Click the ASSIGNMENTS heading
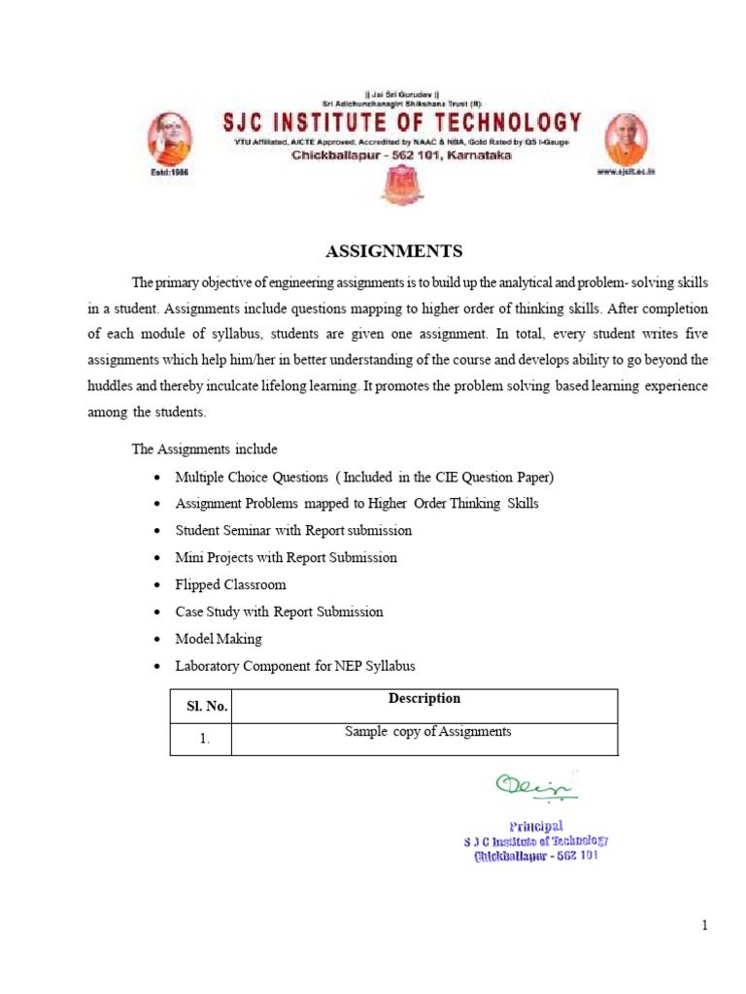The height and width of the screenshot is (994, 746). [393, 251]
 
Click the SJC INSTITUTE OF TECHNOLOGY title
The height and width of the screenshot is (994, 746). [398, 123]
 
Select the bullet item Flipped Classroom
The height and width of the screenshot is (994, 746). [230, 585]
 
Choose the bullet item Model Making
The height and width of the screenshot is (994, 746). [219, 640]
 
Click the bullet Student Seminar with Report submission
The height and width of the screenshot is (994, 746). [293, 531]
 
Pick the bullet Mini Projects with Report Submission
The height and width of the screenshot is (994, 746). [286, 558]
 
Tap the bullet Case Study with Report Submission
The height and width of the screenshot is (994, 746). [279, 613]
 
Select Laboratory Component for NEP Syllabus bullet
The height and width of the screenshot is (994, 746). [294, 667]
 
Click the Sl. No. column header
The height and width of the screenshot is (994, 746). [206, 707]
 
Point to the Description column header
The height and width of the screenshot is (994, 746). [424, 699]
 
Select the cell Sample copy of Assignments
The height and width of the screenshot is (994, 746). [427, 732]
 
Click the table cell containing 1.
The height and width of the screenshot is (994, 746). [205, 739]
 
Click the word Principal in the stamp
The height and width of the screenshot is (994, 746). [536, 825]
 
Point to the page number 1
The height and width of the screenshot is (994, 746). [705, 925]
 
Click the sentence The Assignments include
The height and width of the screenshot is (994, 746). [205, 449]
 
